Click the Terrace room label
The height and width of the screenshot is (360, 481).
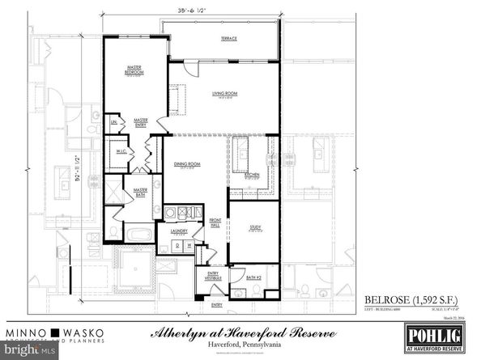coord(229,38)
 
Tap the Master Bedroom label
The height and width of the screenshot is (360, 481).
coord(134,71)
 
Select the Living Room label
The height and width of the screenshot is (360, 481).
coord(223,95)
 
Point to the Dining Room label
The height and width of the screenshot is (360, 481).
coord(186,165)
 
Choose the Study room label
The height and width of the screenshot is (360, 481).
coord(254,227)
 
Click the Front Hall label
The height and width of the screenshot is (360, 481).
coord(216,221)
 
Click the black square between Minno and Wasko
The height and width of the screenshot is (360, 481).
coord(55,332)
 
